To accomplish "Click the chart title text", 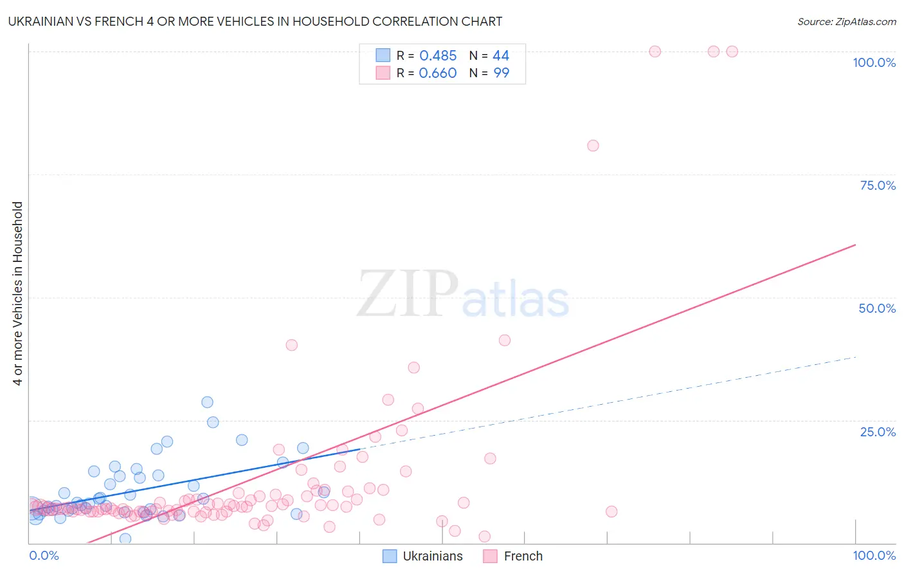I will (255, 21).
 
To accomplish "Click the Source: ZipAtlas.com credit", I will (846, 21).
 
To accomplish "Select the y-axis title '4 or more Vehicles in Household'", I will (18, 293).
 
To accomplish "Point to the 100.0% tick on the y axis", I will (874, 62).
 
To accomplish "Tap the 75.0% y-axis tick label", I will (878, 185).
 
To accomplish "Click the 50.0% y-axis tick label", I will (877, 308).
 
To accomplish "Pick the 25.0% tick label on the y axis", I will (878, 432).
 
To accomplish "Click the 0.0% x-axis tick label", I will (44, 555).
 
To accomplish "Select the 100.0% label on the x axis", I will (874, 555).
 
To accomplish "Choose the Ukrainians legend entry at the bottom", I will (423, 556).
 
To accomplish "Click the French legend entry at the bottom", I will (513, 556).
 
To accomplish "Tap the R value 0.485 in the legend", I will (438, 55).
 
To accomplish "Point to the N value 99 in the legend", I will (501, 73).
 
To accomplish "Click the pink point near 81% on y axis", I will (593, 145).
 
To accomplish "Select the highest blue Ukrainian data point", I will (207, 402).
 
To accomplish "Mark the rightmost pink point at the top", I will (732, 51).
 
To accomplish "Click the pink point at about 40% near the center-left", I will (291, 345).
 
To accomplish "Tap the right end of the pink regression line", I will (855, 245).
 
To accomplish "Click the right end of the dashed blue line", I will (855, 356).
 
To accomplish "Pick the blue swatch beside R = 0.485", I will (383, 55).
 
